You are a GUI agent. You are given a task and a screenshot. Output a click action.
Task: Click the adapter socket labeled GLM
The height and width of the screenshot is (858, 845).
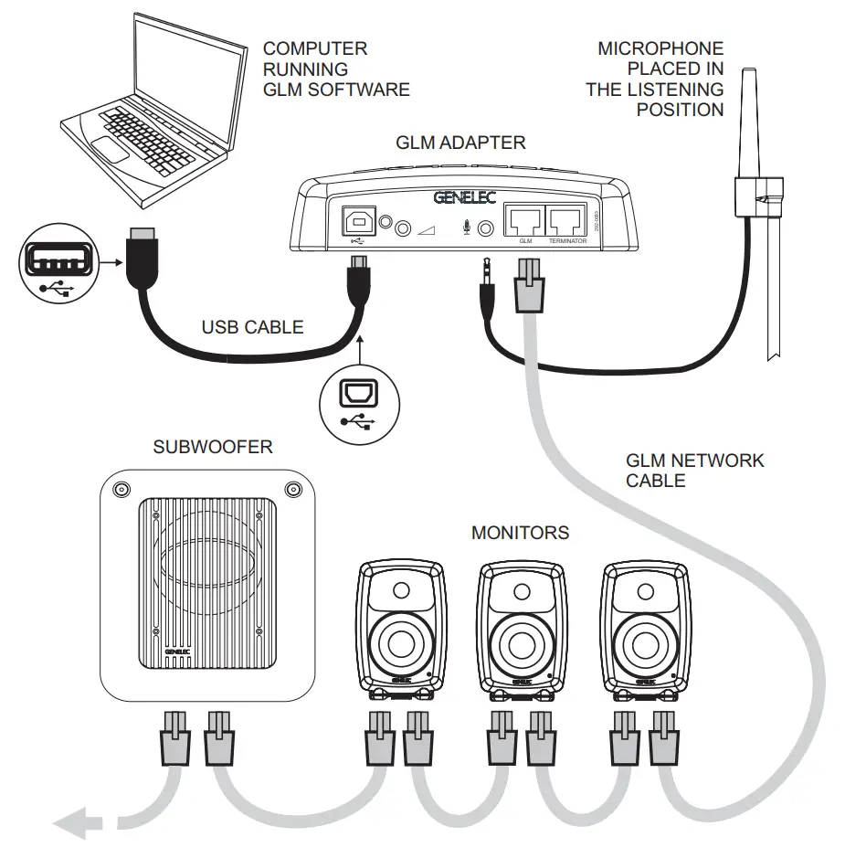[x=524, y=220]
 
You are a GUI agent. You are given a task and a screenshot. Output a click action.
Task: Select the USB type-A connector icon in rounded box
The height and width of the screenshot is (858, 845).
[x=56, y=266]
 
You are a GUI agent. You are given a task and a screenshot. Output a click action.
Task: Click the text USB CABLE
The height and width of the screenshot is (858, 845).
[x=252, y=326]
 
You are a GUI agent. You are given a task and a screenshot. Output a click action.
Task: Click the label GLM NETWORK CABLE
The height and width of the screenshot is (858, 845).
[x=694, y=470]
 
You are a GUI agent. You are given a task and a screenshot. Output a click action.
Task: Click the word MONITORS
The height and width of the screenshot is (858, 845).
[x=520, y=532]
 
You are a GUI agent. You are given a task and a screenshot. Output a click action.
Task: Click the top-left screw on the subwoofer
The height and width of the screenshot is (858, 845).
[x=120, y=490]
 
